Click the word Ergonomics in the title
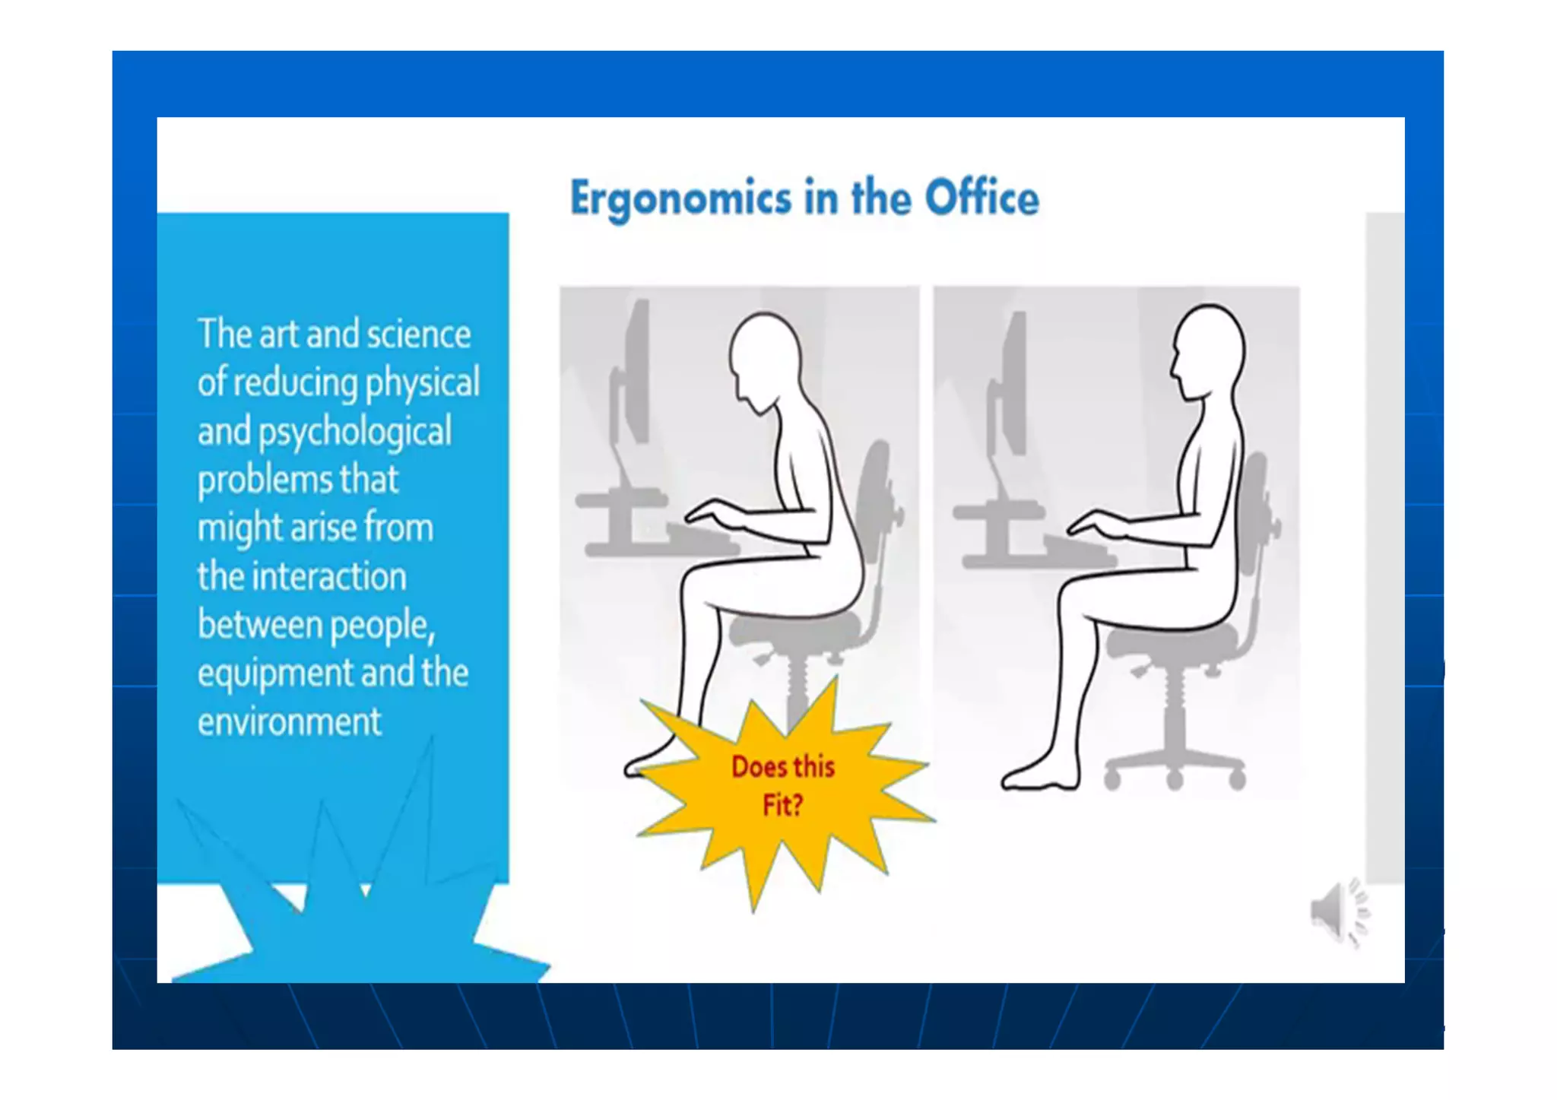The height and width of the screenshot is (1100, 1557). pos(680,199)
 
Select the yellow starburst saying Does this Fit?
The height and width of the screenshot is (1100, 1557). pos(783,791)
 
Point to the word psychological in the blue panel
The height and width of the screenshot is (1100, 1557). pos(355,432)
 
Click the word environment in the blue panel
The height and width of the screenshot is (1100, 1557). pos(289,721)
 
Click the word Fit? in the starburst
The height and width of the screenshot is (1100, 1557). pos(782,805)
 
